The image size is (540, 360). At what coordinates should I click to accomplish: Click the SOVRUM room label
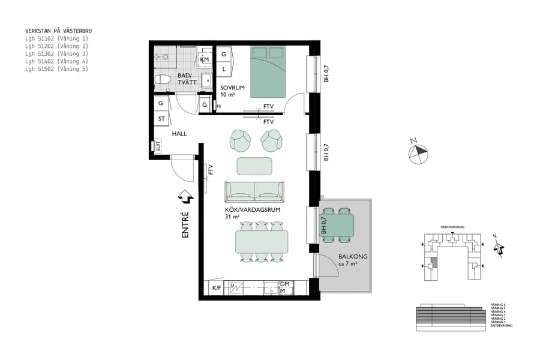coord(232,88)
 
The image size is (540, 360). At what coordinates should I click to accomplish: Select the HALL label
coord(179,134)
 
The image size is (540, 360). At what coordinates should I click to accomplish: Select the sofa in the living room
coord(254,191)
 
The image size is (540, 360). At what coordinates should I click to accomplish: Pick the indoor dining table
coord(261,242)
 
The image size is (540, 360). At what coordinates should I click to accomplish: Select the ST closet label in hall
coord(161,119)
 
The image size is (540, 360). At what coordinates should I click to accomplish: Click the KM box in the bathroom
coord(205,59)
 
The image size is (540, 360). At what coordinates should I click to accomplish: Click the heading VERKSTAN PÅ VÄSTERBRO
coord(58,30)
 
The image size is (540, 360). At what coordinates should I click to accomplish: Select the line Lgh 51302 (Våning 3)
coord(56,53)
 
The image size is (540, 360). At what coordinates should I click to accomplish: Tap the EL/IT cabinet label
coord(158,146)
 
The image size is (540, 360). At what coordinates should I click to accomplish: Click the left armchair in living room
coord(240,140)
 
